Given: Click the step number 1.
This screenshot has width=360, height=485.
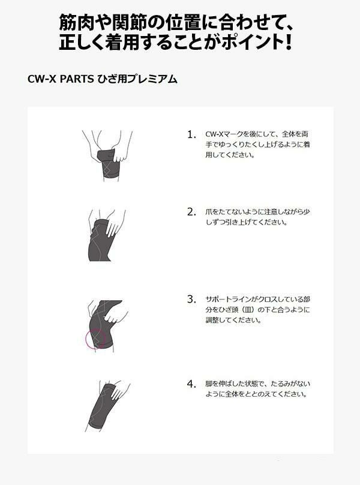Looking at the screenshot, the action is pos(191,134).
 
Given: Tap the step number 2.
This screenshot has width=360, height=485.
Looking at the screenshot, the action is pos(191,212).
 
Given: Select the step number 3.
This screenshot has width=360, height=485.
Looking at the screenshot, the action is pos(191,299).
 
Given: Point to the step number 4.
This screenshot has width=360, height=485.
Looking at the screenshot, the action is pos(191,384).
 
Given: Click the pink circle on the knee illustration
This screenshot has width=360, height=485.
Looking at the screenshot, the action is pos(86,339).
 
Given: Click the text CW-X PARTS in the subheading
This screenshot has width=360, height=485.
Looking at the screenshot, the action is pos(61,79).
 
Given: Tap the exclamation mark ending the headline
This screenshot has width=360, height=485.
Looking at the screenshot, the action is pos(288,42).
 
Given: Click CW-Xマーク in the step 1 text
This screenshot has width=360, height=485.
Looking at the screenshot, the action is pos(224,134).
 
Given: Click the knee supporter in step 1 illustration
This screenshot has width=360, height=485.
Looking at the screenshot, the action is pos(109,164).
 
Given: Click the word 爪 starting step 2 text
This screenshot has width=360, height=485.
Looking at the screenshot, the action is pos(209,212).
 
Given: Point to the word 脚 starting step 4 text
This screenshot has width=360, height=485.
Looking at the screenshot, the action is pos(209,384).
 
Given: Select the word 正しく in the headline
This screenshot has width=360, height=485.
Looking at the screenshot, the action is pos(82,42).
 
